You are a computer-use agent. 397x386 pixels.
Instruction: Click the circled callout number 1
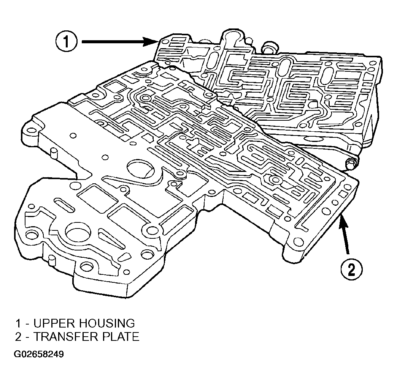point(66,41)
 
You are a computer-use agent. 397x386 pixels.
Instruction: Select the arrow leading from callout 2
point(345,233)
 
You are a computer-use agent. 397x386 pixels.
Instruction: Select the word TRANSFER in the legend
point(65,337)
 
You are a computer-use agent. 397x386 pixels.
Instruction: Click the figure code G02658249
point(39,354)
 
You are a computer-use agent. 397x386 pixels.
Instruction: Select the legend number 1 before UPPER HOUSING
point(18,323)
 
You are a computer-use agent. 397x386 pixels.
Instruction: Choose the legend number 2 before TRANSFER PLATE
point(19,337)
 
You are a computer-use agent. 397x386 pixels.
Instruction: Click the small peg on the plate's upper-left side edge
point(54,153)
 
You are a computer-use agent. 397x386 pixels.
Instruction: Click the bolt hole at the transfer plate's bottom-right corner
point(297,241)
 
